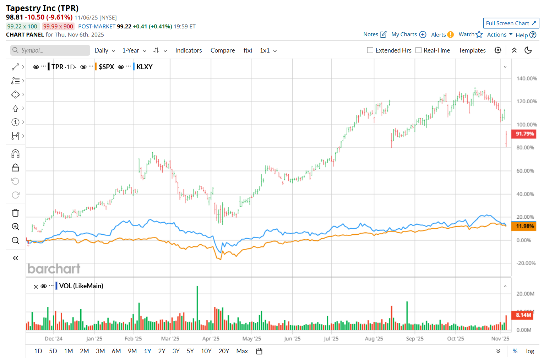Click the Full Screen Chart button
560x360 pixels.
[511, 23]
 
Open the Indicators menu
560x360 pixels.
[188, 50]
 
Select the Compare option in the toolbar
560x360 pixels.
[222, 50]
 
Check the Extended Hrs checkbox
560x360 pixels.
[370, 50]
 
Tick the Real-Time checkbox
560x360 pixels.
[418, 50]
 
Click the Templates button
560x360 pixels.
[472, 50]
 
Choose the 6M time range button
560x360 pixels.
[116, 351]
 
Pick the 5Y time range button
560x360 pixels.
[190, 351]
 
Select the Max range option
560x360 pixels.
[242, 351]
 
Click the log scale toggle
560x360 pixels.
[530, 351]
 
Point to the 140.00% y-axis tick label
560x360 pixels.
[526, 78]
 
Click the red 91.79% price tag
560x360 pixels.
[524, 134]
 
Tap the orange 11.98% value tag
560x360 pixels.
[524, 226]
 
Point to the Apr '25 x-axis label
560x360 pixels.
[211, 339]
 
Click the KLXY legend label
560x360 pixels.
[144, 67]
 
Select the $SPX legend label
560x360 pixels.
[106, 67]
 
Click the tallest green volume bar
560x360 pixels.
[197, 308]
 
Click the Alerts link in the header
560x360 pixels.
[439, 34]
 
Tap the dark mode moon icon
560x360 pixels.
[528, 50]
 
